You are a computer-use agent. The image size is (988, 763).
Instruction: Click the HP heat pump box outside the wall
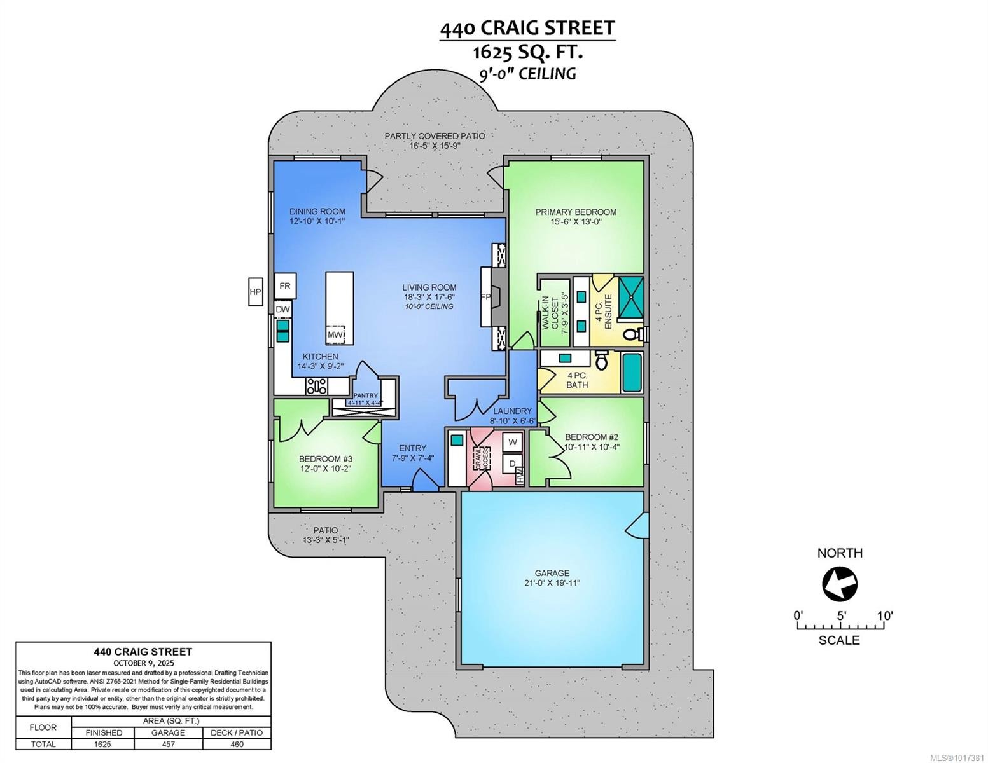click(255, 292)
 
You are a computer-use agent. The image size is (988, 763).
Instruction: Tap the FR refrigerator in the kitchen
click(284, 286)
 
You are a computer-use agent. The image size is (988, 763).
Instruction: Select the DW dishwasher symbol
click(282, 309)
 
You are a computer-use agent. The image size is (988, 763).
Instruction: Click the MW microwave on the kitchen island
click(335, 334)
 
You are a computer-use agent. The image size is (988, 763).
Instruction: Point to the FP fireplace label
click(485, 297)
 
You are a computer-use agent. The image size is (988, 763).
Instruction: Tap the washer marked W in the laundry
click(513, 441)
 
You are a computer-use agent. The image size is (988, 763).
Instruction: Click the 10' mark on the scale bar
click(884, 615)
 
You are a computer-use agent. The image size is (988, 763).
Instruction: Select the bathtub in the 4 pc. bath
click(632, 373)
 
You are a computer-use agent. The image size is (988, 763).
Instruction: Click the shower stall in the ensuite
click(631, 296)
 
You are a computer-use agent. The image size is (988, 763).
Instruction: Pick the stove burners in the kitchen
click(317, 385)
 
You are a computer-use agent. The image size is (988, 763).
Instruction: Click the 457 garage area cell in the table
click(168, 744)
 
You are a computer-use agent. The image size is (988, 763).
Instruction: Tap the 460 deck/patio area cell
click(237, 744)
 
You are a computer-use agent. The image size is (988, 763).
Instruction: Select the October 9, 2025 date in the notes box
click(143, 663)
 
